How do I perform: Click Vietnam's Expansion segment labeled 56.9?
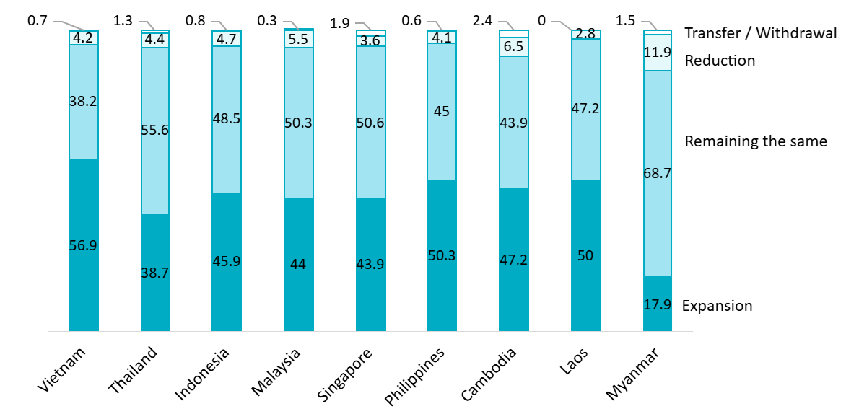[x=83, y=245]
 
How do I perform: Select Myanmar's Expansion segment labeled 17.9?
[x=657, y=304]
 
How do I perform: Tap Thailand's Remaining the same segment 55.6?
[x=154, y=131]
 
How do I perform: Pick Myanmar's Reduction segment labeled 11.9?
[x=657, y=53]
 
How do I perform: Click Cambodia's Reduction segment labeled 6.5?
[x=513, y=47]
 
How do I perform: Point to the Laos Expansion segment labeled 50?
[x=585, y=255]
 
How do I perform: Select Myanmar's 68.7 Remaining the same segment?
[x=657, y=173]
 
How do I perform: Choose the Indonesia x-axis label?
[x=203, y=374]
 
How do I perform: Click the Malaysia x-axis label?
[x=276, y=372]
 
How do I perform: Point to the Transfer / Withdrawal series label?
[x=760, y=32]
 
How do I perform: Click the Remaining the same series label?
[x=755, y=141]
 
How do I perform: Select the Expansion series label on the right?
[x=717, y=306]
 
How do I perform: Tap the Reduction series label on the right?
[x=720, y=61]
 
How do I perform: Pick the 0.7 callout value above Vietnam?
[x=37, y=22]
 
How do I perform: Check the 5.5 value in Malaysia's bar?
[x=298, y=40]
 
